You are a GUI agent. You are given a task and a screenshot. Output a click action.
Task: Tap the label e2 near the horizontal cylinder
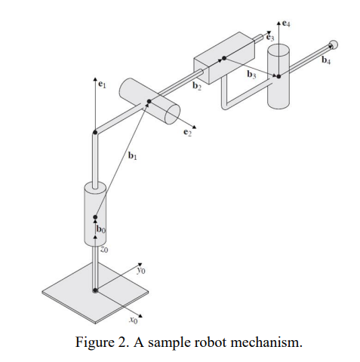pyautogui.click(x=188, y=133)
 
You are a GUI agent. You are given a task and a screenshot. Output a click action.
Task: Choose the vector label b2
pyautogui.click(x=197, y=87)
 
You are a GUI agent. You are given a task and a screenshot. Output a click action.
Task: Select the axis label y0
pyautogui.click(x=140, y=268)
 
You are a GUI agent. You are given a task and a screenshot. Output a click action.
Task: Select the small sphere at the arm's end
pyautogui.click(x=333, y=46)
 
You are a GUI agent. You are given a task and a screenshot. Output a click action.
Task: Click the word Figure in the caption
pyautogui.click(x=97, y=342)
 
